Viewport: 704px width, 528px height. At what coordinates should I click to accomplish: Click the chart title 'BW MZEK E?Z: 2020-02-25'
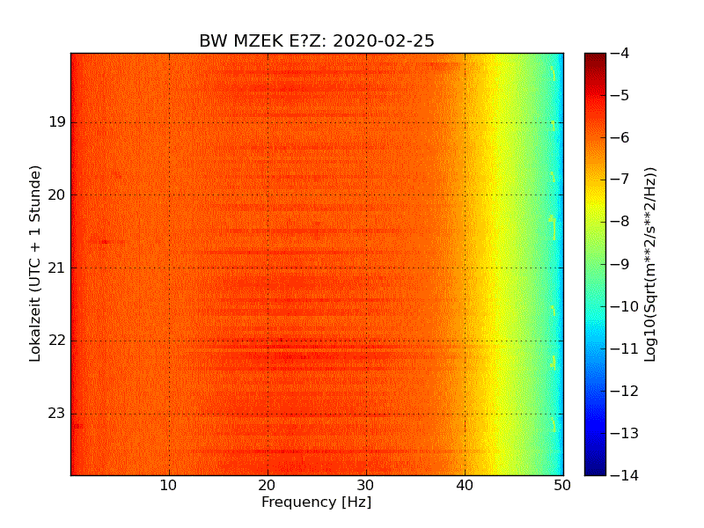pos(316,41)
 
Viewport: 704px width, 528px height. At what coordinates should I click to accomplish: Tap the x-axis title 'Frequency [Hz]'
pos(316,502)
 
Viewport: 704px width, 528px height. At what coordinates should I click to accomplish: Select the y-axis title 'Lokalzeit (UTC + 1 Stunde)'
pos(36,263)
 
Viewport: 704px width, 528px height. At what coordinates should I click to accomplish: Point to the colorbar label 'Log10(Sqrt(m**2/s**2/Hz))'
pos(650,263)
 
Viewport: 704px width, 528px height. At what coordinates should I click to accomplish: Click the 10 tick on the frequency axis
pos(169,485)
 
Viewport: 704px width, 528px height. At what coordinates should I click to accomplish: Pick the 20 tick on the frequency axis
pos(268,485)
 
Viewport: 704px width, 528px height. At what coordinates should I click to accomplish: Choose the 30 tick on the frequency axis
pos(366,485)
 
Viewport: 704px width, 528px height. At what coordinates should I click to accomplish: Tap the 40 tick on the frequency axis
pos(465,485)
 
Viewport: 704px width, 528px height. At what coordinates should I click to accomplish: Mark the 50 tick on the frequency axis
pos(562,485)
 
